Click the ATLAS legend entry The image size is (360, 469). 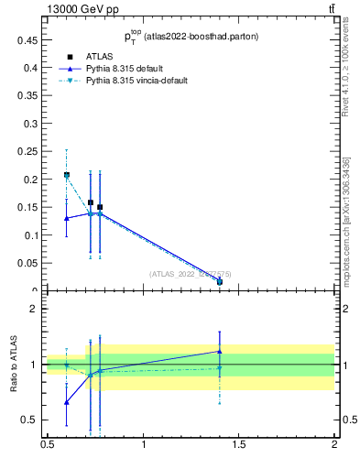point(97,57)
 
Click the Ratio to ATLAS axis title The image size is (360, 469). point(15,365)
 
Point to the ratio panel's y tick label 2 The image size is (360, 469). point(34,309)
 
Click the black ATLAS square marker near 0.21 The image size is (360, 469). point(67,175)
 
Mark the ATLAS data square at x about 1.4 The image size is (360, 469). point(220,281)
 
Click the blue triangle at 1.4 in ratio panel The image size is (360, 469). point(220,351)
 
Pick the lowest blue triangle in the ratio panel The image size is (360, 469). point(67,402)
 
